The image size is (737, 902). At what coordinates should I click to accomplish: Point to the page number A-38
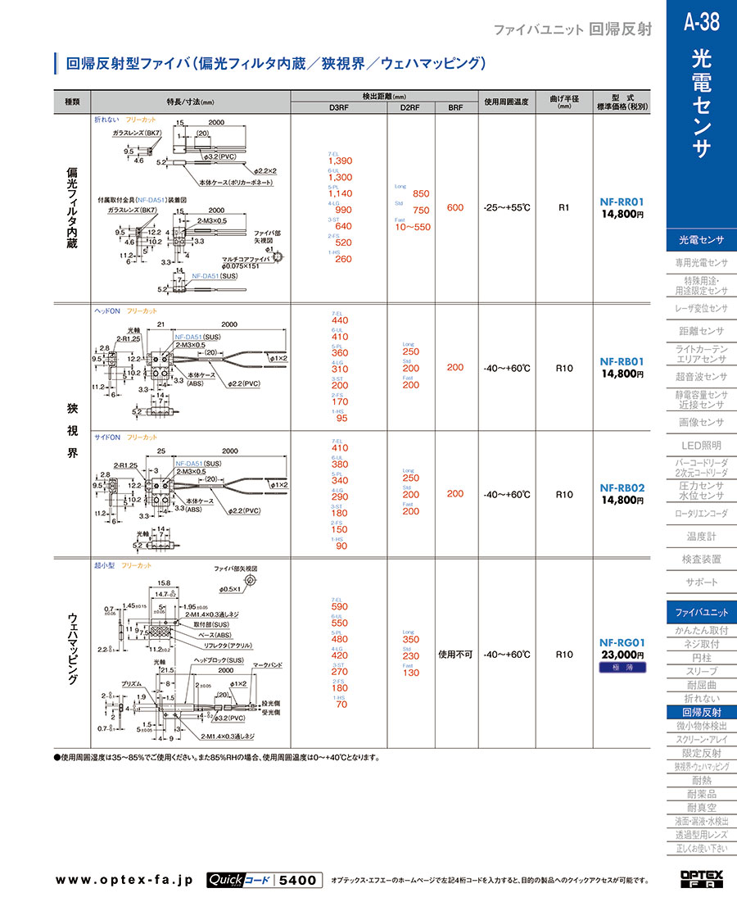click(701, 22)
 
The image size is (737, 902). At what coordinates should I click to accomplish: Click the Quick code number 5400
click(297, 880)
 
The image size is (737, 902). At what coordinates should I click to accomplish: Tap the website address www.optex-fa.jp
click(124, 880)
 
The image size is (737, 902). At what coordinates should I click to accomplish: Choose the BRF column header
click(454, 107)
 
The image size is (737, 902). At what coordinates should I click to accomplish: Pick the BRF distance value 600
click(455, 208)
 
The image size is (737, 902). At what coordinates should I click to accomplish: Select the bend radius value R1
click(563, 208)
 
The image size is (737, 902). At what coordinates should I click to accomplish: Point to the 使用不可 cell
click(455, 655)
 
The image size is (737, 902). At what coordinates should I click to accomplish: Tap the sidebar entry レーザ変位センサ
click(701, 309)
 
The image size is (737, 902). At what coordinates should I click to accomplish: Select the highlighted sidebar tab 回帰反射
click(701, 713)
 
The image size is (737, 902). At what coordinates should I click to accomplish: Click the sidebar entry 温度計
click(701, 537)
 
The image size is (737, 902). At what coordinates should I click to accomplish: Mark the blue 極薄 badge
click(622, 668)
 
